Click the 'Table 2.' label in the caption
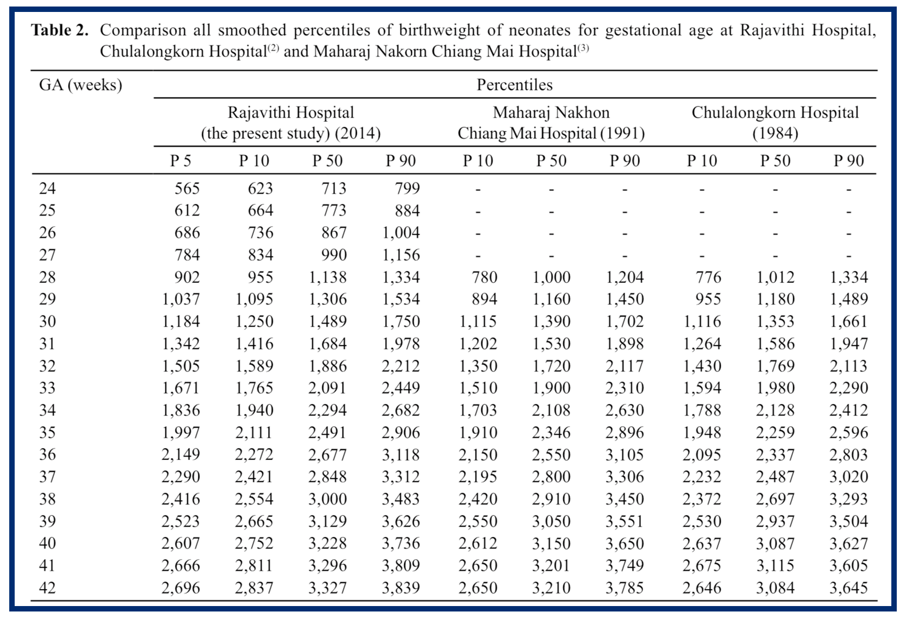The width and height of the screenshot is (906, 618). click(x=60, y=30)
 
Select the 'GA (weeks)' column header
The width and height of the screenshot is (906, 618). click(x=80, y=85)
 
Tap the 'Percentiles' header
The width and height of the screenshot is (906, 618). click(x=514, y=85)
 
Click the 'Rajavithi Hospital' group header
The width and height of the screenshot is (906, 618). click(x=291, y=113)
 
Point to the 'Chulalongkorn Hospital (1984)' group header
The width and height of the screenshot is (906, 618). click(x=775, y=123)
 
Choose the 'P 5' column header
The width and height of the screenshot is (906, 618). click(x=180, y=161)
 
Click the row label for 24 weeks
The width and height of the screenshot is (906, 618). click(x=47, y=188)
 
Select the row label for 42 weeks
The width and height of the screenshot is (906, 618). click(x=47, y=588)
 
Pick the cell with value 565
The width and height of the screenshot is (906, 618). click(x=187, y=188)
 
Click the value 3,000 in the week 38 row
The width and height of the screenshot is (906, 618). click(x=327, y=499)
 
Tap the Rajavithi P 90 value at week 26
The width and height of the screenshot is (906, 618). click(x=401, y=233)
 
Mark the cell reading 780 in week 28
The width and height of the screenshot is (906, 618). click(x=485, y=278)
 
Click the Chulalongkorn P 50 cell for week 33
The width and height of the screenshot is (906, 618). click(x=775, y=388)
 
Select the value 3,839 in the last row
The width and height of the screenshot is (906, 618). click(x=401, y=588)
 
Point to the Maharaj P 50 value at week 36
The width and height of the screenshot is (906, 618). click(x=551, y=455)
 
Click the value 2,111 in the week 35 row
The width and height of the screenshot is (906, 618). click(x=254, y=433)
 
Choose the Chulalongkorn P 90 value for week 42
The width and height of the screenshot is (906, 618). click(x=848, y=588)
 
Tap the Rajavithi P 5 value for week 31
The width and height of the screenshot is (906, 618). click(x=181, y=344)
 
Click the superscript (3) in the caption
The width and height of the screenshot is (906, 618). click(x=583, y=48)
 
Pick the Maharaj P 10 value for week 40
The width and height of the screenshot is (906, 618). click(x=478, y=544)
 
